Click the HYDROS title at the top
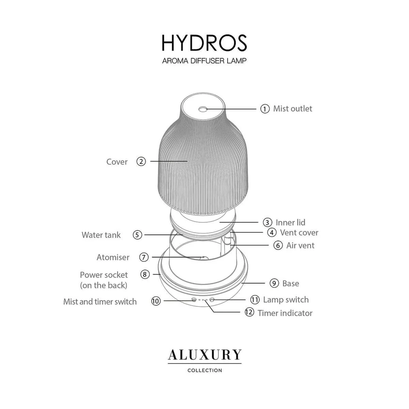click(204, 43)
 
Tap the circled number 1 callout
click(265, 109)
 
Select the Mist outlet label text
click(292, 109)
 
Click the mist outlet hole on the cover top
click(203, 109)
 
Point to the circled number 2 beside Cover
click(141, 161)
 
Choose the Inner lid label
click(290, 223)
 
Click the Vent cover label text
click(299, 233)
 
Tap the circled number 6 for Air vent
click(278, 245)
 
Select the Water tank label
click(101, 235)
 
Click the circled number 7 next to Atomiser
click(144, 257)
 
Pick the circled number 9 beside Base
click(274, 283)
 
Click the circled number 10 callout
click(156, 301)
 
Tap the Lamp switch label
click(286, 300)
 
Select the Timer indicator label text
click(285, 313)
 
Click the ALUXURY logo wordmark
click(205, 355)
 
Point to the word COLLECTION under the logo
click(205, 370)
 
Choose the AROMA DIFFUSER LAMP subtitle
click(204, 61)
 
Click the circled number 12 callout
click(249, 312)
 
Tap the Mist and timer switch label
click(100, 302)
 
